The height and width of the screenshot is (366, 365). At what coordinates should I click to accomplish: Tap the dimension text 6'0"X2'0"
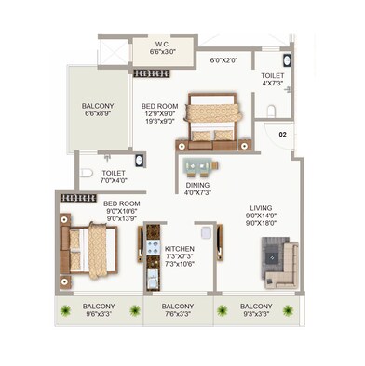[223, 59]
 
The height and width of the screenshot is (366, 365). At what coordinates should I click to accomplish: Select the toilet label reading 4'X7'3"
[273, 78]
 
